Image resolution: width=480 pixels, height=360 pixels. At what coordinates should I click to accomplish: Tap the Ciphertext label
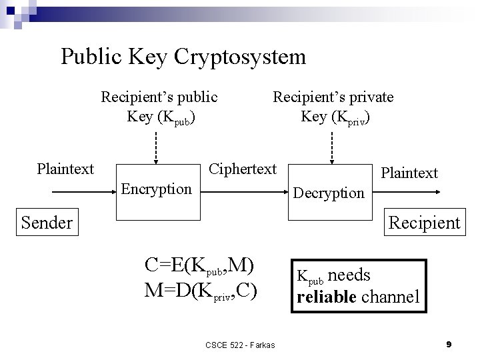pos(243,169)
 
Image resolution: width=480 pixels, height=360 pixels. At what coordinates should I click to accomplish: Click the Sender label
pos(47,222)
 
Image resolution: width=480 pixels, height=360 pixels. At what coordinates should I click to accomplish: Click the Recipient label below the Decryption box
pos(425,222)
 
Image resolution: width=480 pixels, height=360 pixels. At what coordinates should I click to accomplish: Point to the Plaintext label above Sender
pos(65,169)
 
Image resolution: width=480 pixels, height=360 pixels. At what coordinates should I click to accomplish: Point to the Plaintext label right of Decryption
pos(409,173)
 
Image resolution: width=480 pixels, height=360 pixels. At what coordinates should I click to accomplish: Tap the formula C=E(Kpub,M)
pos(199,266)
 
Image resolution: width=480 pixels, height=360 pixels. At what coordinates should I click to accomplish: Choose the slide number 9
pos(449,344)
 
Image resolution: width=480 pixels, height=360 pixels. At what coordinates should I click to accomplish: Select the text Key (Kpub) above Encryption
pos(161,117)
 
